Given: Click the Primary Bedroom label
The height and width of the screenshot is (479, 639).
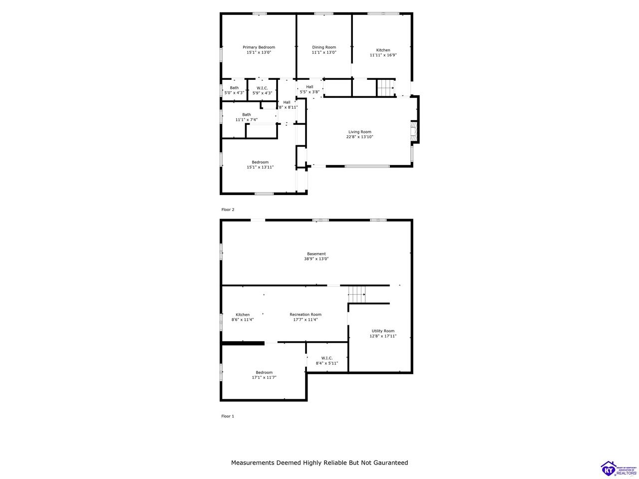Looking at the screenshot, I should point(259,47).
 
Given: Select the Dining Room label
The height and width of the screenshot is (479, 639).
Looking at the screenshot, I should point(324,47).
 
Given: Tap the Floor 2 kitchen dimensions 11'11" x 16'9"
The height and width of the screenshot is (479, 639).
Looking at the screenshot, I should point(383,55).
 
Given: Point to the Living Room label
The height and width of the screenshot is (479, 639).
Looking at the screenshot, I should point(359,132).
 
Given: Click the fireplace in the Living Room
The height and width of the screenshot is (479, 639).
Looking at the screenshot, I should point(412,132).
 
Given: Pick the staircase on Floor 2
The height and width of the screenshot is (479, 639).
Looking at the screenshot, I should point(385,87).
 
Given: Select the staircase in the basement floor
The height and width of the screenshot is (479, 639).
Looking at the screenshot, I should point(357,294).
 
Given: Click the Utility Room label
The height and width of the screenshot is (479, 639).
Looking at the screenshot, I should point(383,331).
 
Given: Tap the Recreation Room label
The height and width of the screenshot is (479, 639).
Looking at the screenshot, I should point(306,314).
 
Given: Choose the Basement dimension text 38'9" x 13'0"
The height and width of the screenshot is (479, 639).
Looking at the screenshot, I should point(316,259).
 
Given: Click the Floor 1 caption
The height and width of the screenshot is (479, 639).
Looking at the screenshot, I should point(228,416).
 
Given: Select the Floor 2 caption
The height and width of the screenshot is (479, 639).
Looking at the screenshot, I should point(228,210).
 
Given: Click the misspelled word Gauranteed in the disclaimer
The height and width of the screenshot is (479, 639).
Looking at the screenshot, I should point(387,463).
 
